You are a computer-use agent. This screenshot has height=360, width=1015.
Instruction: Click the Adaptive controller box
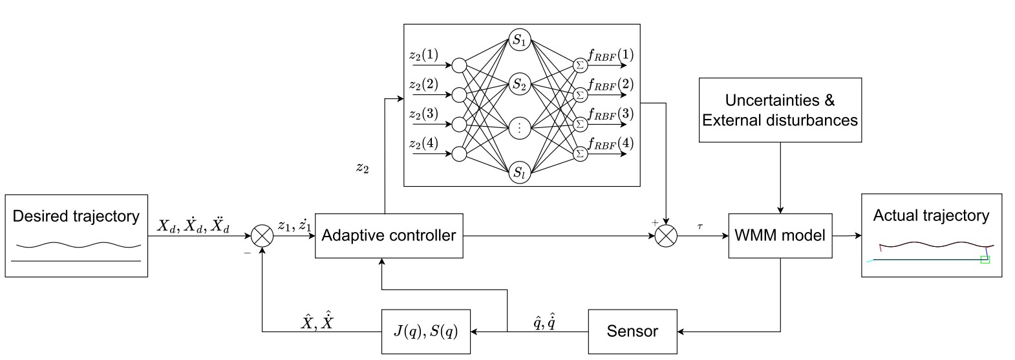pos(389,236)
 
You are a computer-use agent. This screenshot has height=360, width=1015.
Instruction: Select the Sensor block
pos(632,332)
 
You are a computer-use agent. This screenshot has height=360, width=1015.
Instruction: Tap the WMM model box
pos(780,236)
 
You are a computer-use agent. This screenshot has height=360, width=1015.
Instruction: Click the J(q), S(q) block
pos(426,332)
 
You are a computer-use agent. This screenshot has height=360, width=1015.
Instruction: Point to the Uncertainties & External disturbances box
pos(780,110)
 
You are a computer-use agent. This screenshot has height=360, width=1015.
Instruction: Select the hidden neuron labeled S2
pos(519,84)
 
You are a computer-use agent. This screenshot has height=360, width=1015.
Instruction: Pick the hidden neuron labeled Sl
pos(519,173)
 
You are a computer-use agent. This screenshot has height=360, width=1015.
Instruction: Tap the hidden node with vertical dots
pos(519,128)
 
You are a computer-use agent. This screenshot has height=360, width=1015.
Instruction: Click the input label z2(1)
pos(423,56)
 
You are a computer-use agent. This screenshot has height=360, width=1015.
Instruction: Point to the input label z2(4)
pos(423,143)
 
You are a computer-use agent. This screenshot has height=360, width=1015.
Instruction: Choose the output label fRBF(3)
pos(610,114)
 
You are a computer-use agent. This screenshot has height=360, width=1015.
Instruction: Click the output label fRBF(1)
pos(610,55)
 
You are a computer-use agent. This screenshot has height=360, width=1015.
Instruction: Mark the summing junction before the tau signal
pos(666,237)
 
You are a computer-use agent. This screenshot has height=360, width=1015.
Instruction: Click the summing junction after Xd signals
pos(262,237)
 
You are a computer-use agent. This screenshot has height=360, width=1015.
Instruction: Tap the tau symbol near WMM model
pos(700,227)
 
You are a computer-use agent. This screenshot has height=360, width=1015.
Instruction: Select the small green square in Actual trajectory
pos(985,260)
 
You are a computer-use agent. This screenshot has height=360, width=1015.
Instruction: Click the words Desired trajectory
pos(76,216)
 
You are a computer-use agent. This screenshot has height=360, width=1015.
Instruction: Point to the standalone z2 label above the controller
pos(363,169)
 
